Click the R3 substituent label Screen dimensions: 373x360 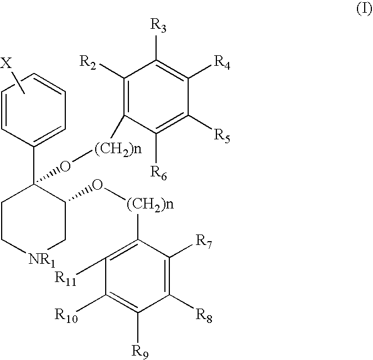click(x=158, y=25)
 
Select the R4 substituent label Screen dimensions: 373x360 click(x=222, y=63)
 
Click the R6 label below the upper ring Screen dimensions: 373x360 click(x=159, y=173)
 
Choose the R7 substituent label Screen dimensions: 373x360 click(x=204, y=242)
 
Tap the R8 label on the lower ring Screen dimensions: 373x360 click(x=204, y=316)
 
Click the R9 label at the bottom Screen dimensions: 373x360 click(x=140, y=352)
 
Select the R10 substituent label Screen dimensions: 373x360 click(x=66, y=316)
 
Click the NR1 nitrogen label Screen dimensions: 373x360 click(x=42, y=260)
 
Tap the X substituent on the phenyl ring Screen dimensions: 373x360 click(x=6, y=63)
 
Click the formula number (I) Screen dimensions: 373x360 click(x=364, y=9)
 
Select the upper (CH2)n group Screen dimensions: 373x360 click(x=118, y=149)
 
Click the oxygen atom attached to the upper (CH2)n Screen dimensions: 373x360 click(x=65, y=166)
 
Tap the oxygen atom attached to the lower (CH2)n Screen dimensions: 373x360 click(x=97, y=185)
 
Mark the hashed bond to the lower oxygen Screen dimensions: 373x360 click(x=79, y=195)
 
